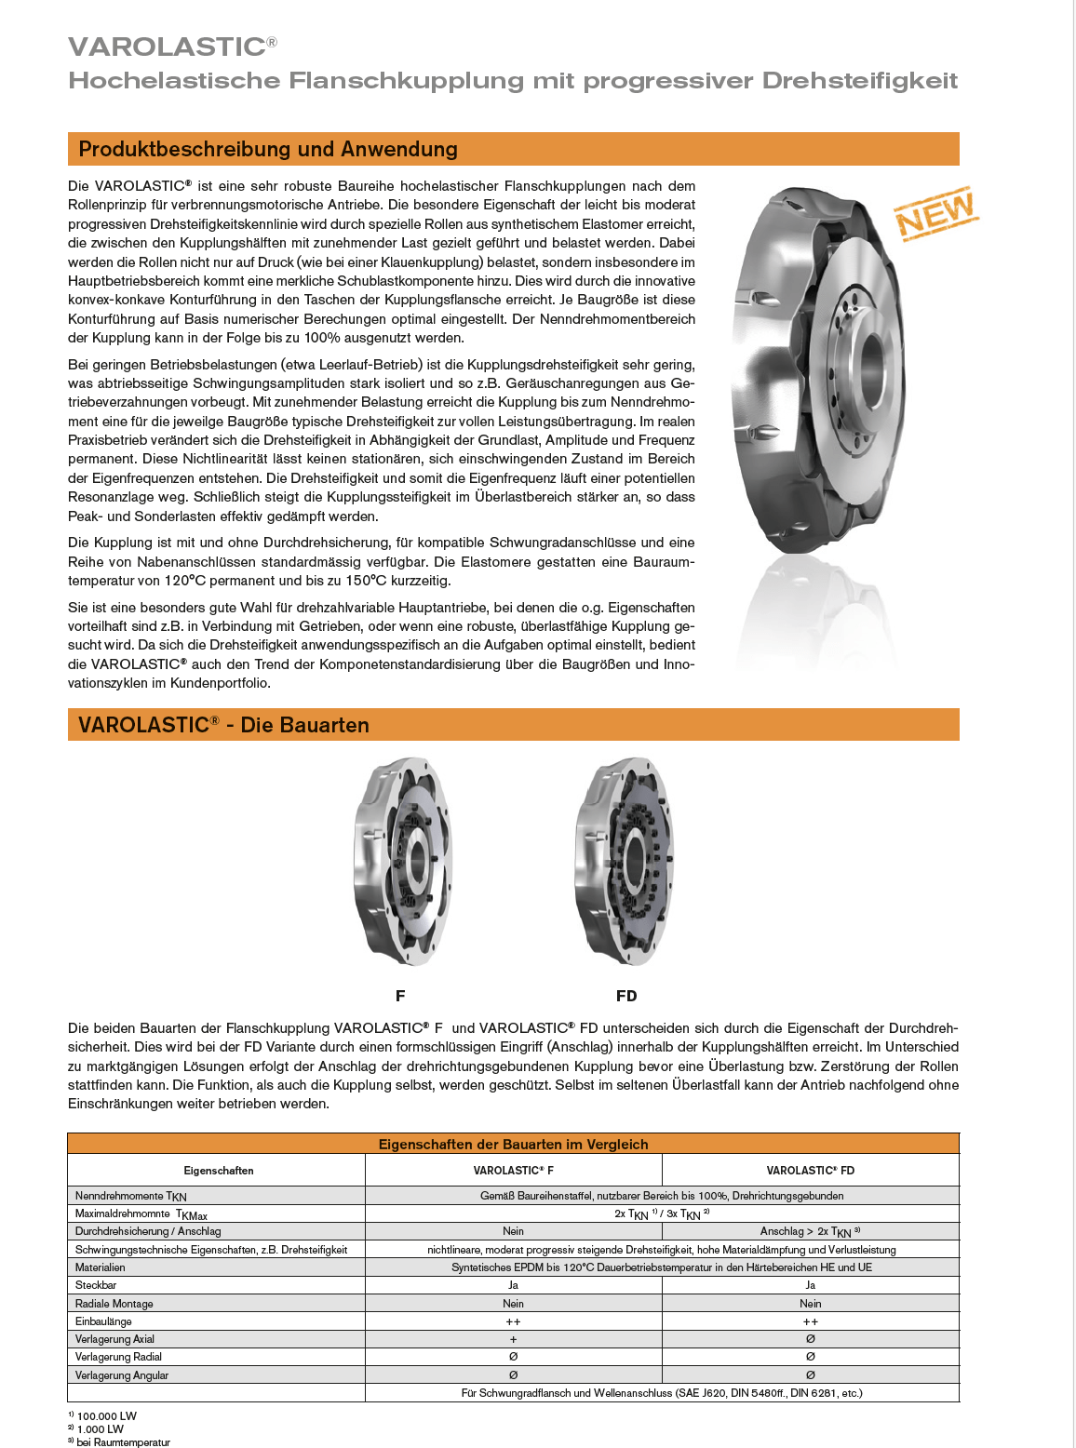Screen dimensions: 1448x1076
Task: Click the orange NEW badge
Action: (x=935, y=213)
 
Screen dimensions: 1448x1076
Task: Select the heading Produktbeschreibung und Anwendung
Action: (x=268, y=149)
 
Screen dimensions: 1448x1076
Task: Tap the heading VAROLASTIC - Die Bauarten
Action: (x=223, y=725)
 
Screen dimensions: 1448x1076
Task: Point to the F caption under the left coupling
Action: (x=400, y=996)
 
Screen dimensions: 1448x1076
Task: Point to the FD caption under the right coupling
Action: (x=626, y=996)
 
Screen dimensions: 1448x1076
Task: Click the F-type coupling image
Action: (x=403, y=861)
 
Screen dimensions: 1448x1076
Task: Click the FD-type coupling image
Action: (x=625, y=861)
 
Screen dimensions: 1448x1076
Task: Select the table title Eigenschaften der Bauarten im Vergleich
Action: (x=513, y=1144)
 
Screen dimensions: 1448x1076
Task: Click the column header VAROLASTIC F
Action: (x=513, y=1171)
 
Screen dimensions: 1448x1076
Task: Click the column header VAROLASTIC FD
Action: (x=810, y=1171)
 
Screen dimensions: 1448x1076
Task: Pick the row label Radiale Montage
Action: (x=114, y=1304)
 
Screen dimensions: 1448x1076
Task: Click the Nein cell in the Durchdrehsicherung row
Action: (x=513, y=1231)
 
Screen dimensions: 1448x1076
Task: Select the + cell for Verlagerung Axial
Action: (x=513, y=1339)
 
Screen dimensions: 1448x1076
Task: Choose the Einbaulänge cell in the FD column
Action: (x=810, y=1321)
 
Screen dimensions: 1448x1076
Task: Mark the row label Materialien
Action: (x=100, y=1267)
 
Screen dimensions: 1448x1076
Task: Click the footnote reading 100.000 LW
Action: (x=106, y=1416)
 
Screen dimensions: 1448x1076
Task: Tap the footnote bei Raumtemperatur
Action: (x=123, y=1442)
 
